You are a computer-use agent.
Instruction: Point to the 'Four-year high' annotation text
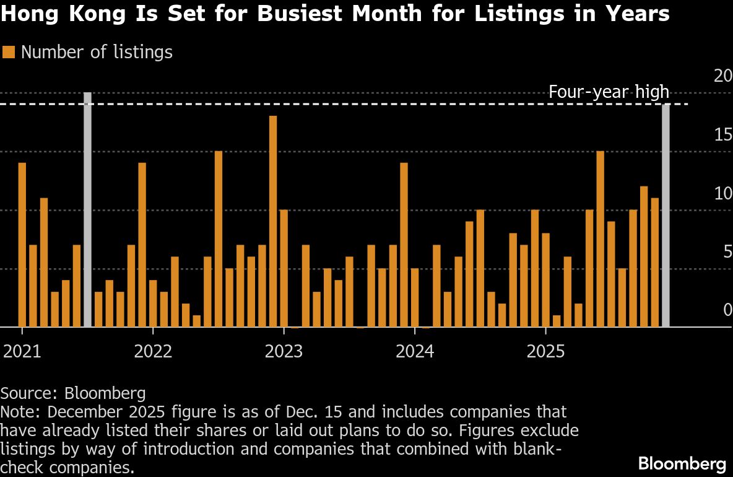609,92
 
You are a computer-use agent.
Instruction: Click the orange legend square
9,53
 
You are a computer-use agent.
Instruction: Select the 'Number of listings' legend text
97,53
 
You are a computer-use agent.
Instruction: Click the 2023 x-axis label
284,352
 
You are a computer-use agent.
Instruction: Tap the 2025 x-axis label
545,352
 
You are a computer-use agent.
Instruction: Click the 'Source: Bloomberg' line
73,393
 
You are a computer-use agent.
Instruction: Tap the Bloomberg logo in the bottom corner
682,463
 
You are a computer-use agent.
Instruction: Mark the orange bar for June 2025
600,239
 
